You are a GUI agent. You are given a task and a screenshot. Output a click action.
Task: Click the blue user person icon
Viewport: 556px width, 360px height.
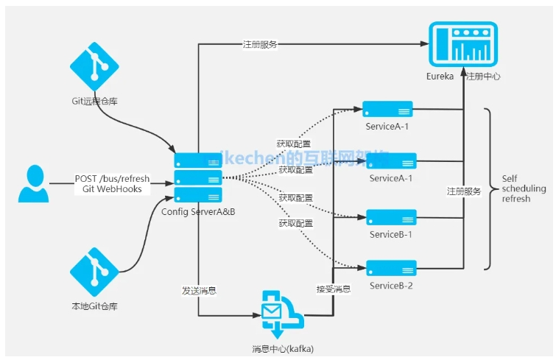pos(34,184)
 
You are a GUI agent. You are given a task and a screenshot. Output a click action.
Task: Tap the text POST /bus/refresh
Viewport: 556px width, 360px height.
pos(112,179)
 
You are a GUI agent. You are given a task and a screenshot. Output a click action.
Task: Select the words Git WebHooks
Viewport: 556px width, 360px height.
pos(112,189)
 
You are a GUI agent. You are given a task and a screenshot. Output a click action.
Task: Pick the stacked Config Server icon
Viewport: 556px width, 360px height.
pos(198,177)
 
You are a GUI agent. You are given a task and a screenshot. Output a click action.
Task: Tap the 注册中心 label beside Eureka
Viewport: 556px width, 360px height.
pos(484,77)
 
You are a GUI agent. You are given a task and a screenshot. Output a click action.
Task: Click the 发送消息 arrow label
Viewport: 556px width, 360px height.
pos(199,290)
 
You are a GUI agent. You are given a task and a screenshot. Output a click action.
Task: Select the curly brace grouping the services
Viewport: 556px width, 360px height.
pos(488,188)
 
